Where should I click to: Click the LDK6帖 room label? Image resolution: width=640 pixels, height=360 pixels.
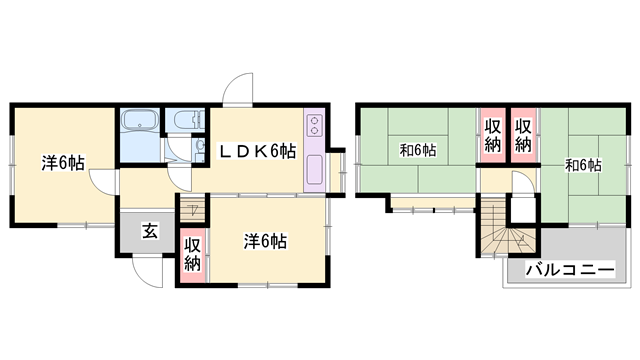(x=258, y=151)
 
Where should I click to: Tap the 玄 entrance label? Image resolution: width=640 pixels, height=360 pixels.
(x=150, y=231)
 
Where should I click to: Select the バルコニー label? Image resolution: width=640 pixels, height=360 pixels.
(x=570, y=270)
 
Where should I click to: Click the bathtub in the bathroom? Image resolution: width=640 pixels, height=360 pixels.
(x=140, y=119)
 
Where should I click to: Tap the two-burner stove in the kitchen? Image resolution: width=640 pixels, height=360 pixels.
(x=314, y=125)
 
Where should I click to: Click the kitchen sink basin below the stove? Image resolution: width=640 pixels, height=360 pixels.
(x=314, y=169)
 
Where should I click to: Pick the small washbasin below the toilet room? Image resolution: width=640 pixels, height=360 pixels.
(x=200, y=146)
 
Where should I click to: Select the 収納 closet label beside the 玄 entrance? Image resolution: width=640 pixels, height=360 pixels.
(x=192, y=255)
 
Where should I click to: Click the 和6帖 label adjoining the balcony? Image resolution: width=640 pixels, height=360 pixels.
(x=583, y=166)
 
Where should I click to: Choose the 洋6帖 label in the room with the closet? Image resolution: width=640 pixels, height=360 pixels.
(x=265, y=241)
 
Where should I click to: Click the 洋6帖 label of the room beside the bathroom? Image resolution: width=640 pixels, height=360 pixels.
(x=63, y=163)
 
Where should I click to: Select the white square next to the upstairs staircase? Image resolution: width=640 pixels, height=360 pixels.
(x=523, y=210)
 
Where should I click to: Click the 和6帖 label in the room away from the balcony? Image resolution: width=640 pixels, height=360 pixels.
(x=418, y=150)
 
